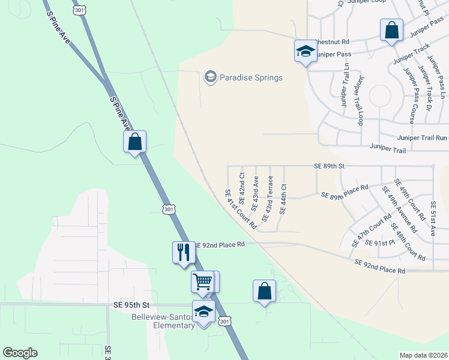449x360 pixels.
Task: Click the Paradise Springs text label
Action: [251, 77]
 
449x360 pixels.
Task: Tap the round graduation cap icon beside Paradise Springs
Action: [210, 77]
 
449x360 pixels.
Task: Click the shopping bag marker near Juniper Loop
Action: [391, 31]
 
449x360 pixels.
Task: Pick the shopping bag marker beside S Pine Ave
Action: [135, 142]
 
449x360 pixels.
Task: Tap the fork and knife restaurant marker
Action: [184, 252]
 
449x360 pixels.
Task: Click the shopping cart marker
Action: [203, 281]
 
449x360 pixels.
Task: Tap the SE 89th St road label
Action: [330, 166]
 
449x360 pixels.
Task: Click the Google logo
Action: [20, 353]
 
